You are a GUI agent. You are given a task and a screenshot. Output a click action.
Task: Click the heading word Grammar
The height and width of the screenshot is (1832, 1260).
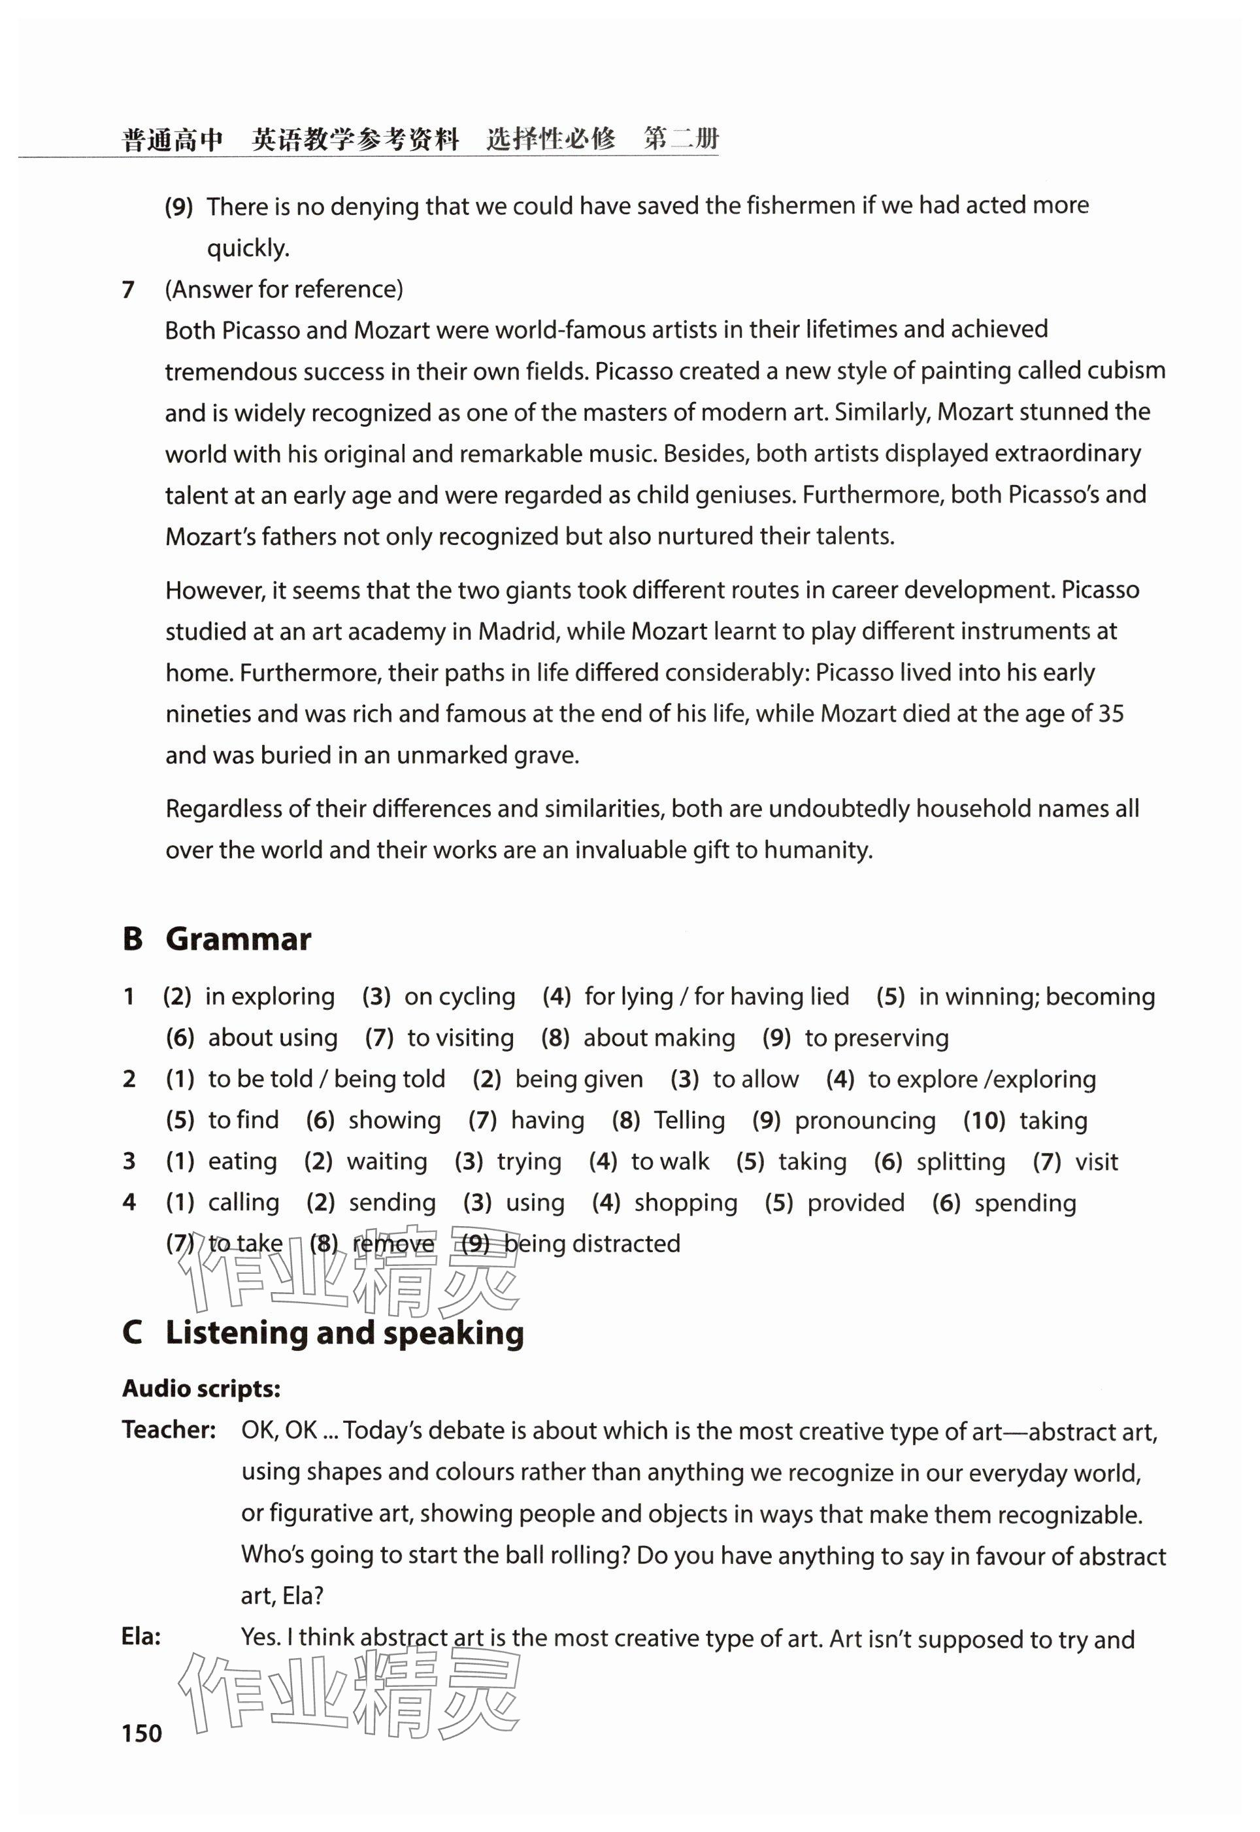coord(239,939)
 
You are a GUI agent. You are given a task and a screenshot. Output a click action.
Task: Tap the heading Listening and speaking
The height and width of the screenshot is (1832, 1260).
coord(344,1333)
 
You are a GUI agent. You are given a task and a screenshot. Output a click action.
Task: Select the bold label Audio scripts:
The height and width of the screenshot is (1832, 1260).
coord(201,1389)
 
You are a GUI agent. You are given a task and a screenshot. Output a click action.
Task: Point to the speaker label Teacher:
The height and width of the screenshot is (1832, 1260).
coord(169,1430)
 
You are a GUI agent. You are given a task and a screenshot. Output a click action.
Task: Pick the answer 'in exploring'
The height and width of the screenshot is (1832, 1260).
coord(270,997)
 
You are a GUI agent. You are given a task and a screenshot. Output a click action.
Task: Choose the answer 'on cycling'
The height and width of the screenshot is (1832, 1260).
coord(459,997)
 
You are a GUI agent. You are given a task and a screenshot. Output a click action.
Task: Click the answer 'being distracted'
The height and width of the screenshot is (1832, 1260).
coord(591,1244)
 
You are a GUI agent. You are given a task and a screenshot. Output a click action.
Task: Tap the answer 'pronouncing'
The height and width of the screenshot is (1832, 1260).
coord(865,1121)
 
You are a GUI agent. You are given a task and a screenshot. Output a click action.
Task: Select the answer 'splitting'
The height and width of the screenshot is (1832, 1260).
coord(961,1162)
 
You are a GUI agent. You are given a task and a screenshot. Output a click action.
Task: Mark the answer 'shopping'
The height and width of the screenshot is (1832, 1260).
coord(686,1203)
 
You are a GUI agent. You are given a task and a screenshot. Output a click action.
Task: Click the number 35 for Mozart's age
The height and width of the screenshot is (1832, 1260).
coord(1111,714)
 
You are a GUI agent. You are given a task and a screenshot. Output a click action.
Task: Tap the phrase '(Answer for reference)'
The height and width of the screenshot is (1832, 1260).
coord(284,290)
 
